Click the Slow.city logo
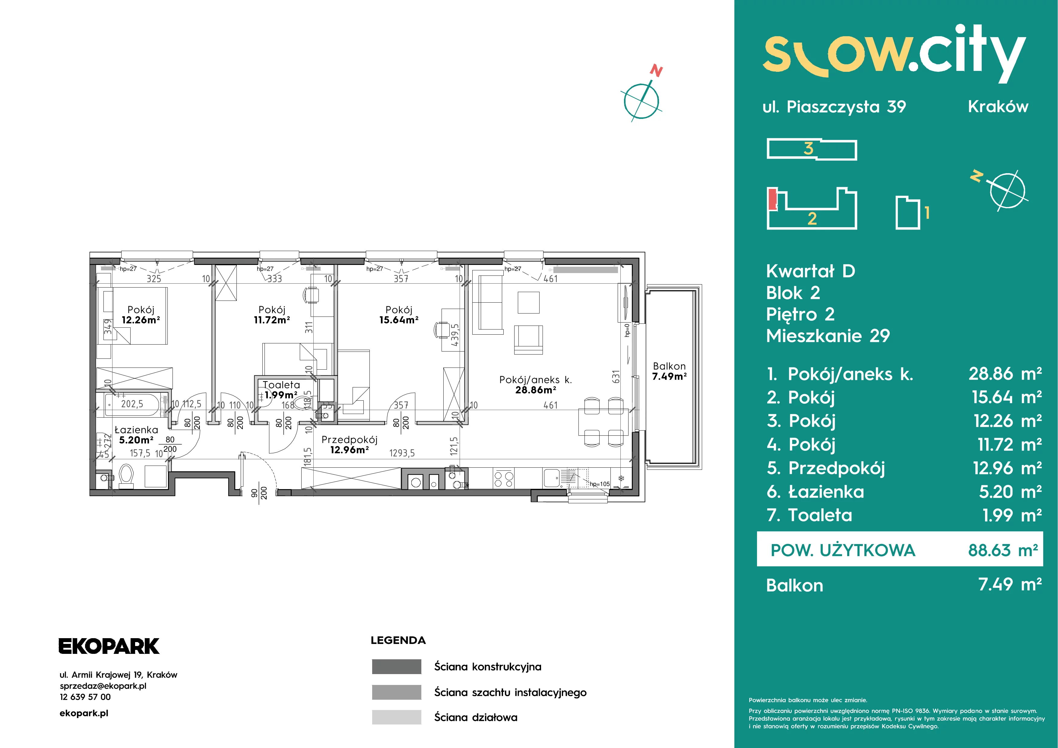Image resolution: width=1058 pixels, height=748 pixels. pos(894,54)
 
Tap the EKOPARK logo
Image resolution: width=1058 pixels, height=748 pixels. pos(109,646)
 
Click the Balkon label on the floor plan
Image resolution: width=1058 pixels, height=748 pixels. pos(669,366)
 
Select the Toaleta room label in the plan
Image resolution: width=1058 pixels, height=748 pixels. pos(281,385)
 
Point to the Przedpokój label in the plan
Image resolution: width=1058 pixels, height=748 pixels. pos(349,440)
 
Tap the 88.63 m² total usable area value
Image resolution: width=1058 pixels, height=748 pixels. pos(1003,550)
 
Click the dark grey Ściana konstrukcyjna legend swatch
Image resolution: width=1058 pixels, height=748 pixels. pos(396,667)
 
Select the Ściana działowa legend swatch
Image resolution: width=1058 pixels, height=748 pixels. pos(396,717)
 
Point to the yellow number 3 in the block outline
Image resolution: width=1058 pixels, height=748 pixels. pos(808,148)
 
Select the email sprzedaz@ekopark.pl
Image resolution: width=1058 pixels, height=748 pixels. pos(103,686)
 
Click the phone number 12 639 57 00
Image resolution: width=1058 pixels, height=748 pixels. pos(85,697)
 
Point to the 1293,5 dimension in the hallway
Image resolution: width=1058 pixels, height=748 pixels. pos(402,453)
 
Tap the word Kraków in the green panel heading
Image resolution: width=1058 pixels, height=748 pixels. pos(998,107)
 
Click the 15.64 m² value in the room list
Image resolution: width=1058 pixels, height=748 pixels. pos(1007,397)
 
